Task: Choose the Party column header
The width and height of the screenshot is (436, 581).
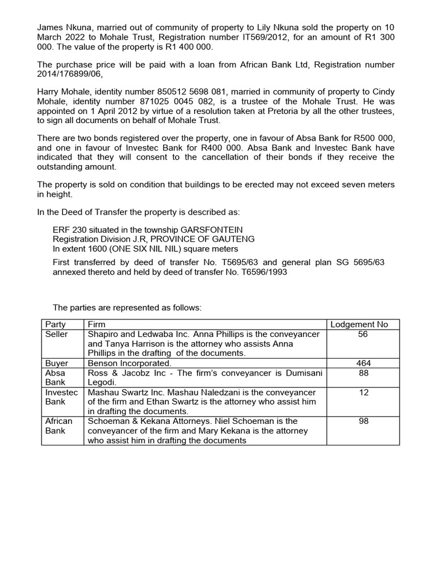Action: [56, 325]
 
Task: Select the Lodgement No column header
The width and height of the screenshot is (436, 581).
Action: [359, 325]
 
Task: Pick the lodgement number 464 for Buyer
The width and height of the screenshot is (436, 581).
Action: [364, 363]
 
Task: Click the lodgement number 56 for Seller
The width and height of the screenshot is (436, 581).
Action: [364, 334]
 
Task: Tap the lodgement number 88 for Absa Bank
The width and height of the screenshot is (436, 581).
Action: [364, 373]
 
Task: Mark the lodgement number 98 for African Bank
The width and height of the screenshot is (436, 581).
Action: [364, 421]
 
